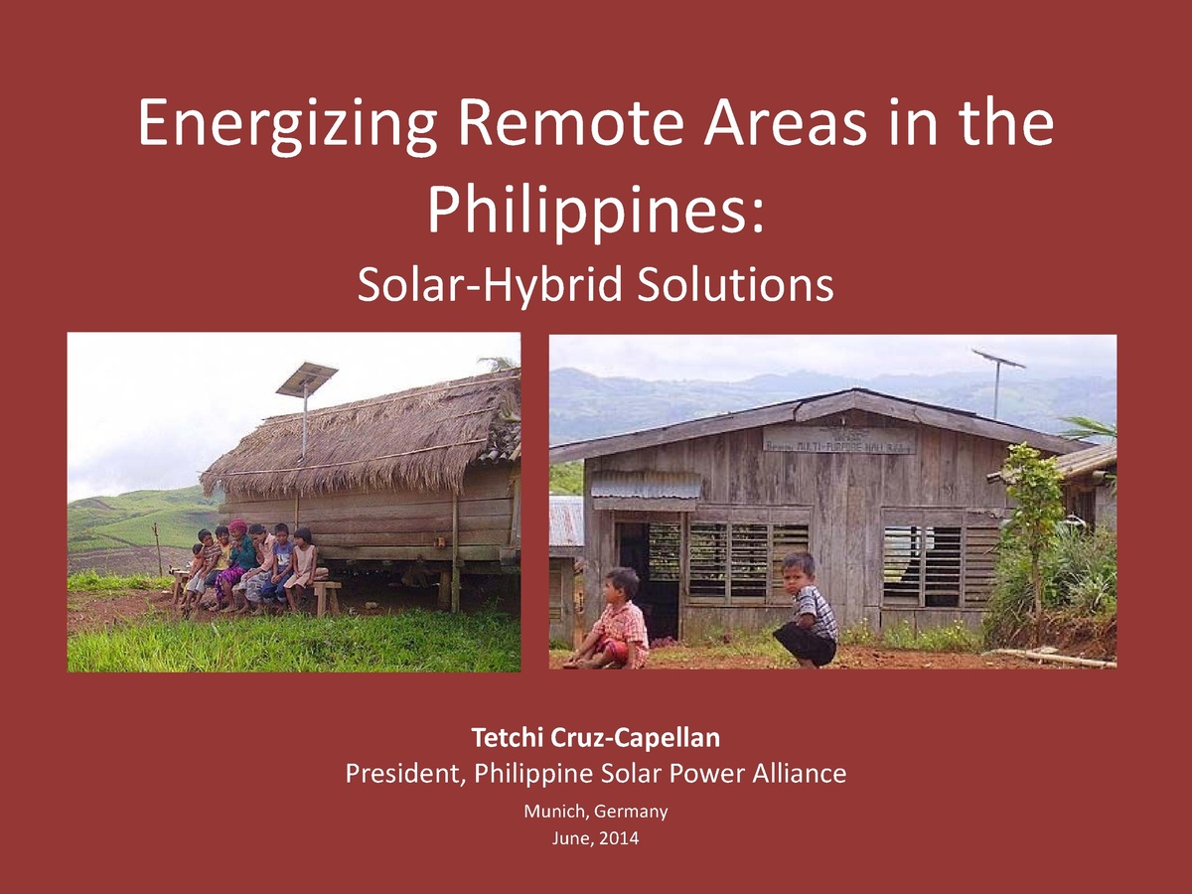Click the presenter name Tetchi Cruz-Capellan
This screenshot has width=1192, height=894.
596,738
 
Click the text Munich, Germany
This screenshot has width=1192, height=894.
596,812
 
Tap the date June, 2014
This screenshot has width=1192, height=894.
596,839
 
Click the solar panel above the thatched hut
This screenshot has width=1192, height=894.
306,378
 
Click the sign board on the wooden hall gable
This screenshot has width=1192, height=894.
838,440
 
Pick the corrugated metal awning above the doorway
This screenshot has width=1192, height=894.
646,486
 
